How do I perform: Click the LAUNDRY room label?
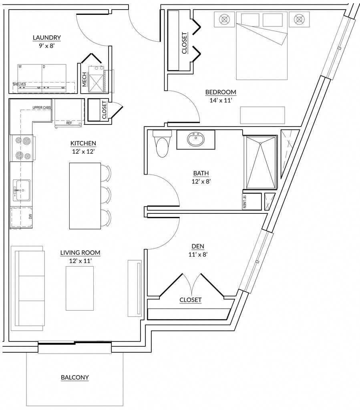(47, 38)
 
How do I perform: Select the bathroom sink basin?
(196, 140)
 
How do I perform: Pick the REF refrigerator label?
(69, 123)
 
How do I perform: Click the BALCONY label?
(75, 377)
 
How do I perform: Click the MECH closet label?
(84, 80)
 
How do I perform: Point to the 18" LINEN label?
(244, 202)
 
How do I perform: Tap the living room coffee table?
(80, 288)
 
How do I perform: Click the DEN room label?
(197, 246)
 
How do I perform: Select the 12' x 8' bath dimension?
(201, 181)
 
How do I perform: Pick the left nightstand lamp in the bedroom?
(225, 19)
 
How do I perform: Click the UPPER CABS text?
(42, 108)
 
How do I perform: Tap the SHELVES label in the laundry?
(19, 84)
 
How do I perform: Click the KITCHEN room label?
(83, 143)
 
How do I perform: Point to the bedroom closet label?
(185, 43)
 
